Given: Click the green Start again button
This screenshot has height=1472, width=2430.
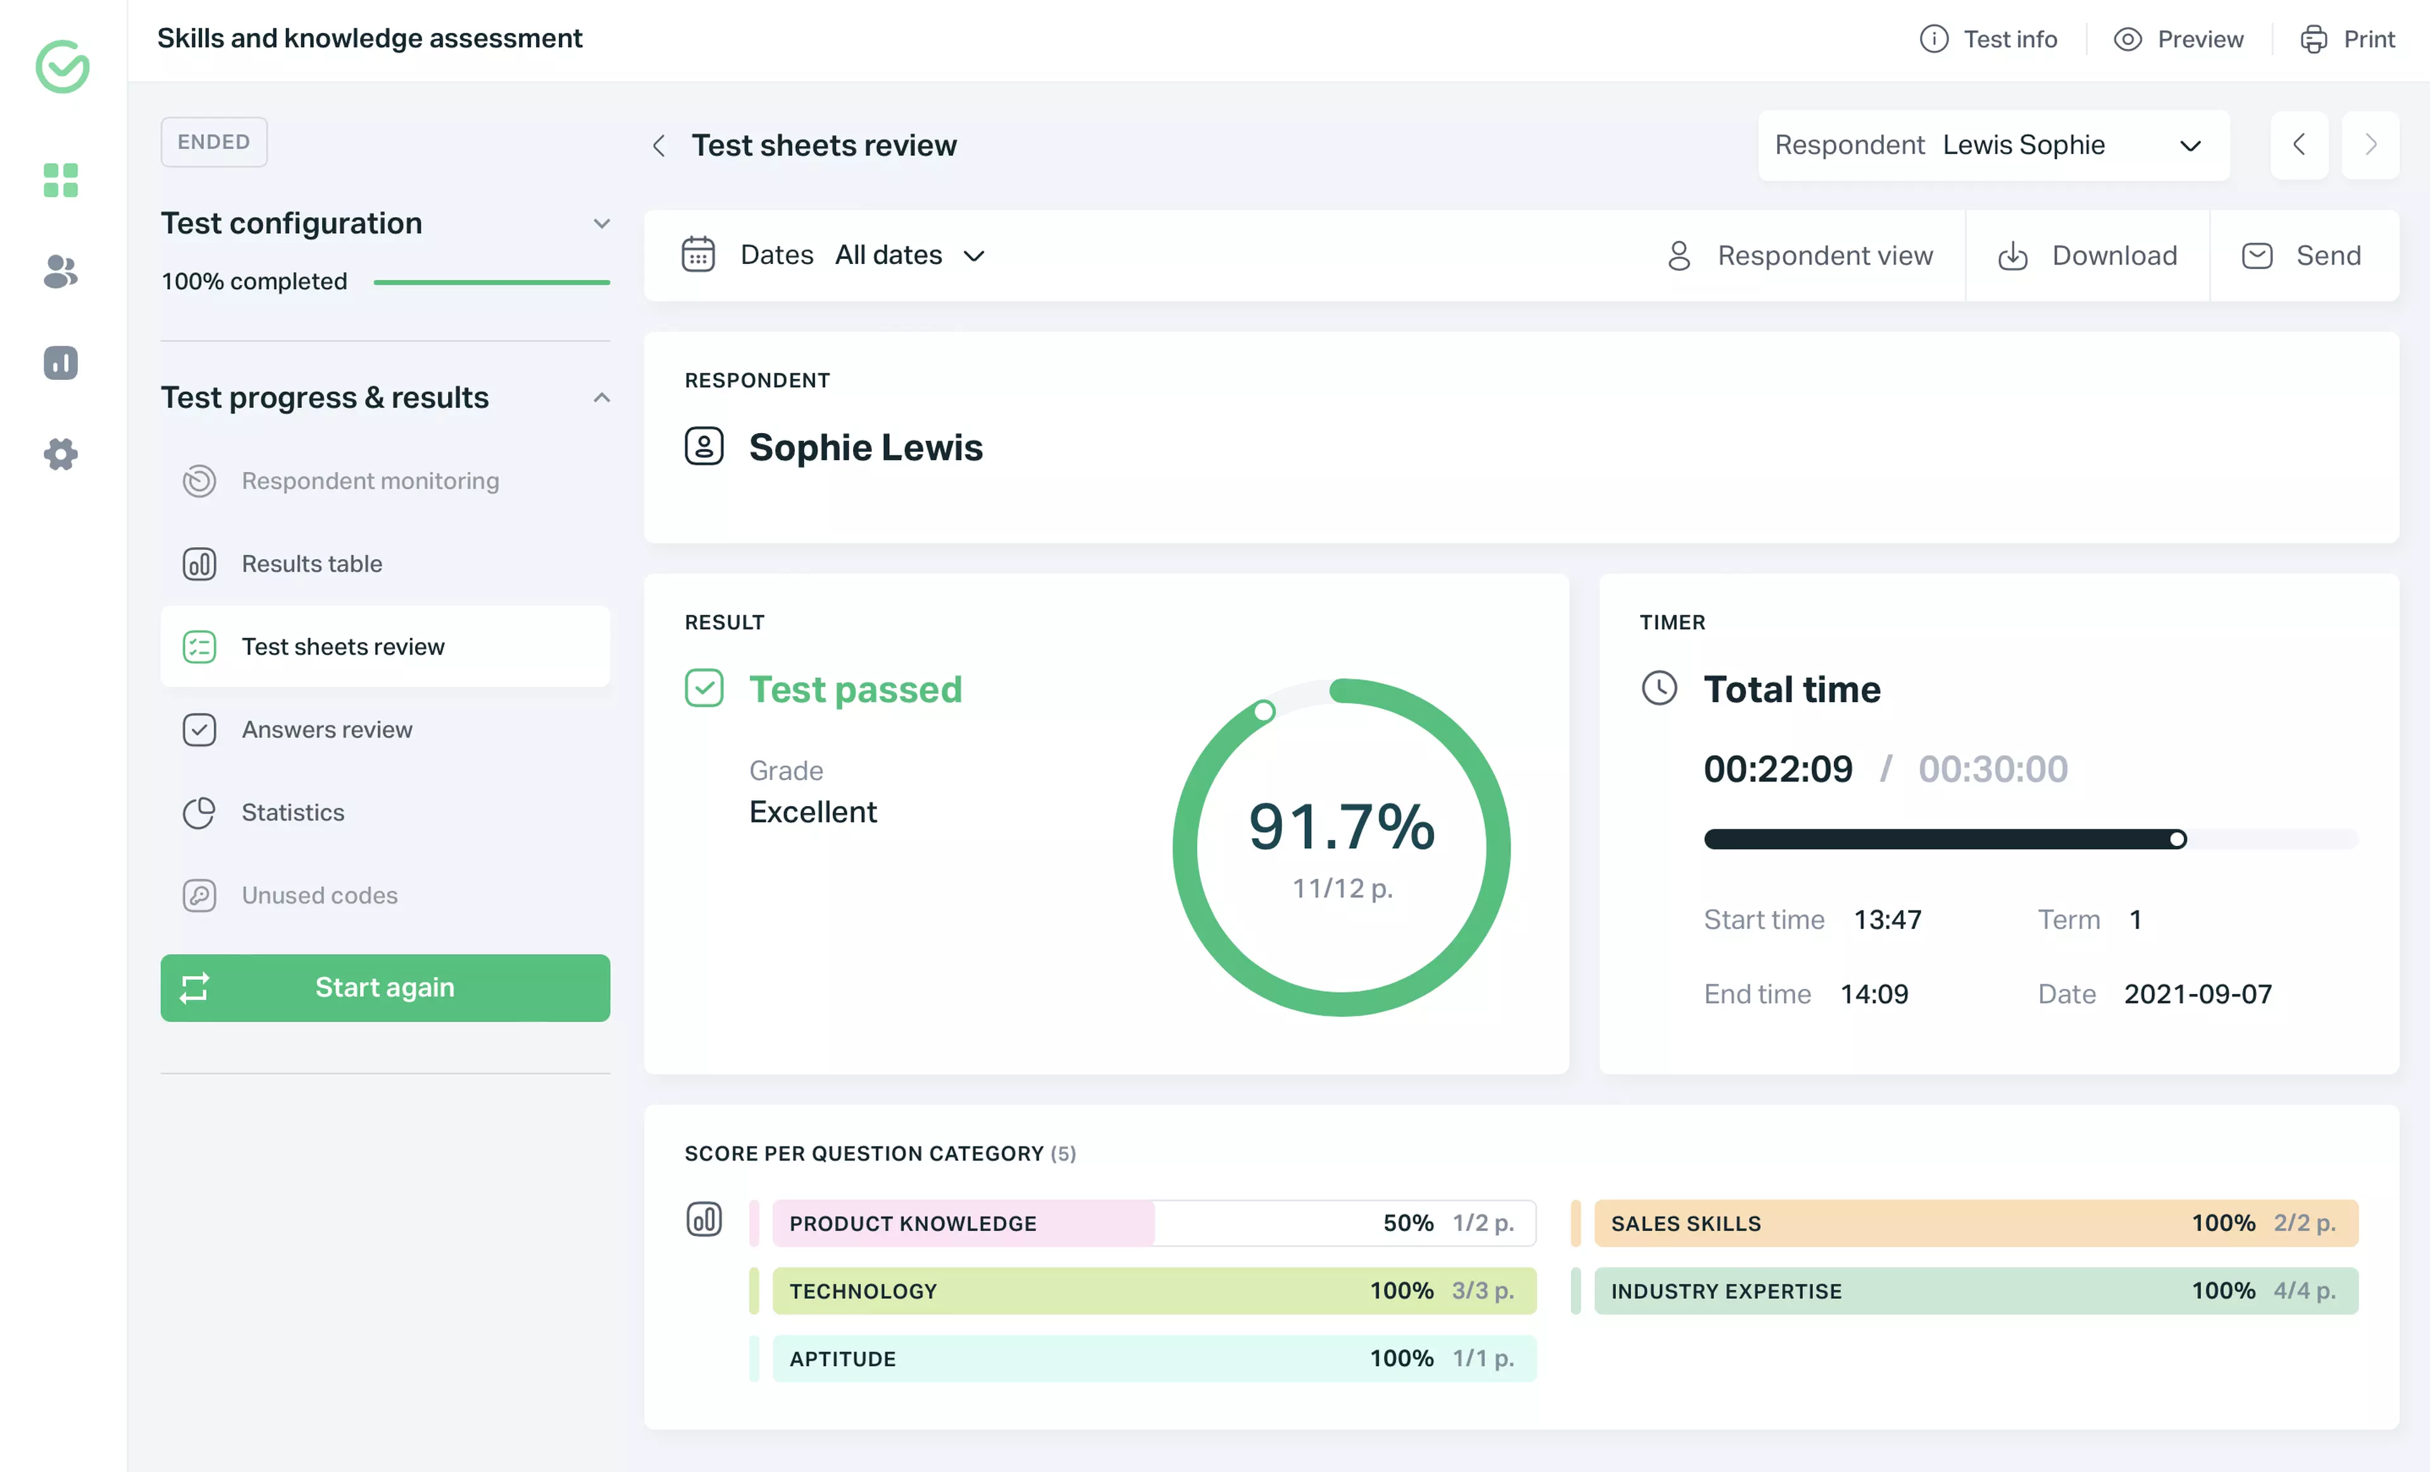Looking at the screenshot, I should click(385, 988).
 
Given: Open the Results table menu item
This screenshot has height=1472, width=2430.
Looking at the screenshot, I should click(311, 563).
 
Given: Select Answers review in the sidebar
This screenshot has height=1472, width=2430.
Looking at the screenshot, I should click(327, 729).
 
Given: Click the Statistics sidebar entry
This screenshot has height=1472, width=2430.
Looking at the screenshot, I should click(293, 812).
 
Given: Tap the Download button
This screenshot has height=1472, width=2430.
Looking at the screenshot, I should click(2087, 256).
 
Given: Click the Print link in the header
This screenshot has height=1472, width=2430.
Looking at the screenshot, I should click(2348, 39).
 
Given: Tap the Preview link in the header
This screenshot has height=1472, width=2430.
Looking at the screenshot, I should click(2179, 39).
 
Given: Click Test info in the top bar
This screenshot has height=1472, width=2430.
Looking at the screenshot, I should click(1988, 39).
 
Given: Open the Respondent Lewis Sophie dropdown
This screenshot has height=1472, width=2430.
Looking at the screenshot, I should click(1992, 145).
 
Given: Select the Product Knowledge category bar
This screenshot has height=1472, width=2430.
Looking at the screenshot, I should click(1153, 1223).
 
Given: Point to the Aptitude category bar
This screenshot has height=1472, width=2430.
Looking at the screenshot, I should click(1153, 1359).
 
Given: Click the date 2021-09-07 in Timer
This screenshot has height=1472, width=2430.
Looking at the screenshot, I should click(2197, 993).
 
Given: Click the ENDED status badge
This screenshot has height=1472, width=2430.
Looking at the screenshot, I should click(214, 142).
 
